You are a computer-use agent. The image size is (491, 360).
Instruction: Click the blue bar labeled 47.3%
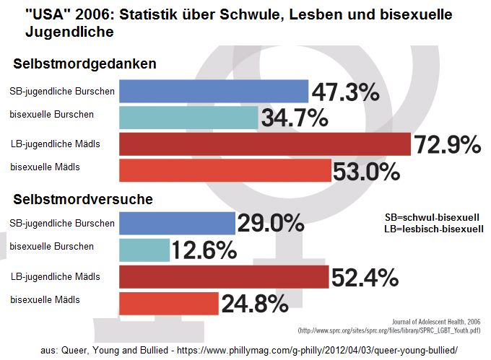214,91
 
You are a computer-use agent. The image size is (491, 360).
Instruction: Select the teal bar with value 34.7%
188,117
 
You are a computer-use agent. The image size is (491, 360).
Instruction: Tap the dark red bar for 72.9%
264,144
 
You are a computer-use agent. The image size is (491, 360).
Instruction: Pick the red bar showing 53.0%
225,170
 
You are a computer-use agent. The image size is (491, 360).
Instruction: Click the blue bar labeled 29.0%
177,223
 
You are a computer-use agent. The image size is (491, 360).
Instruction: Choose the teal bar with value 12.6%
144,250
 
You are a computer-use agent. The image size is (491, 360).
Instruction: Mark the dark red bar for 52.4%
224,277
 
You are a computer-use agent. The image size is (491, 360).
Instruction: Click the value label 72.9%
447,145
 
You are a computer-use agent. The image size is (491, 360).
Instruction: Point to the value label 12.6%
204,251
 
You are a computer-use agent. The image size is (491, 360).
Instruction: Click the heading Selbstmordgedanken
85,64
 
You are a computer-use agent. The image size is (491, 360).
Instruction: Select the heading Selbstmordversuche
84,198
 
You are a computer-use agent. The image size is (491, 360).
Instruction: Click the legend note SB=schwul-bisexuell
433,217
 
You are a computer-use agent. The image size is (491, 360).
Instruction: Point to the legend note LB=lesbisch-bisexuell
433,229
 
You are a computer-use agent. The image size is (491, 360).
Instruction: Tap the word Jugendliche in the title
69,32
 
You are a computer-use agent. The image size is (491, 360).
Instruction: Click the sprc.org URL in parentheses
393,330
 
